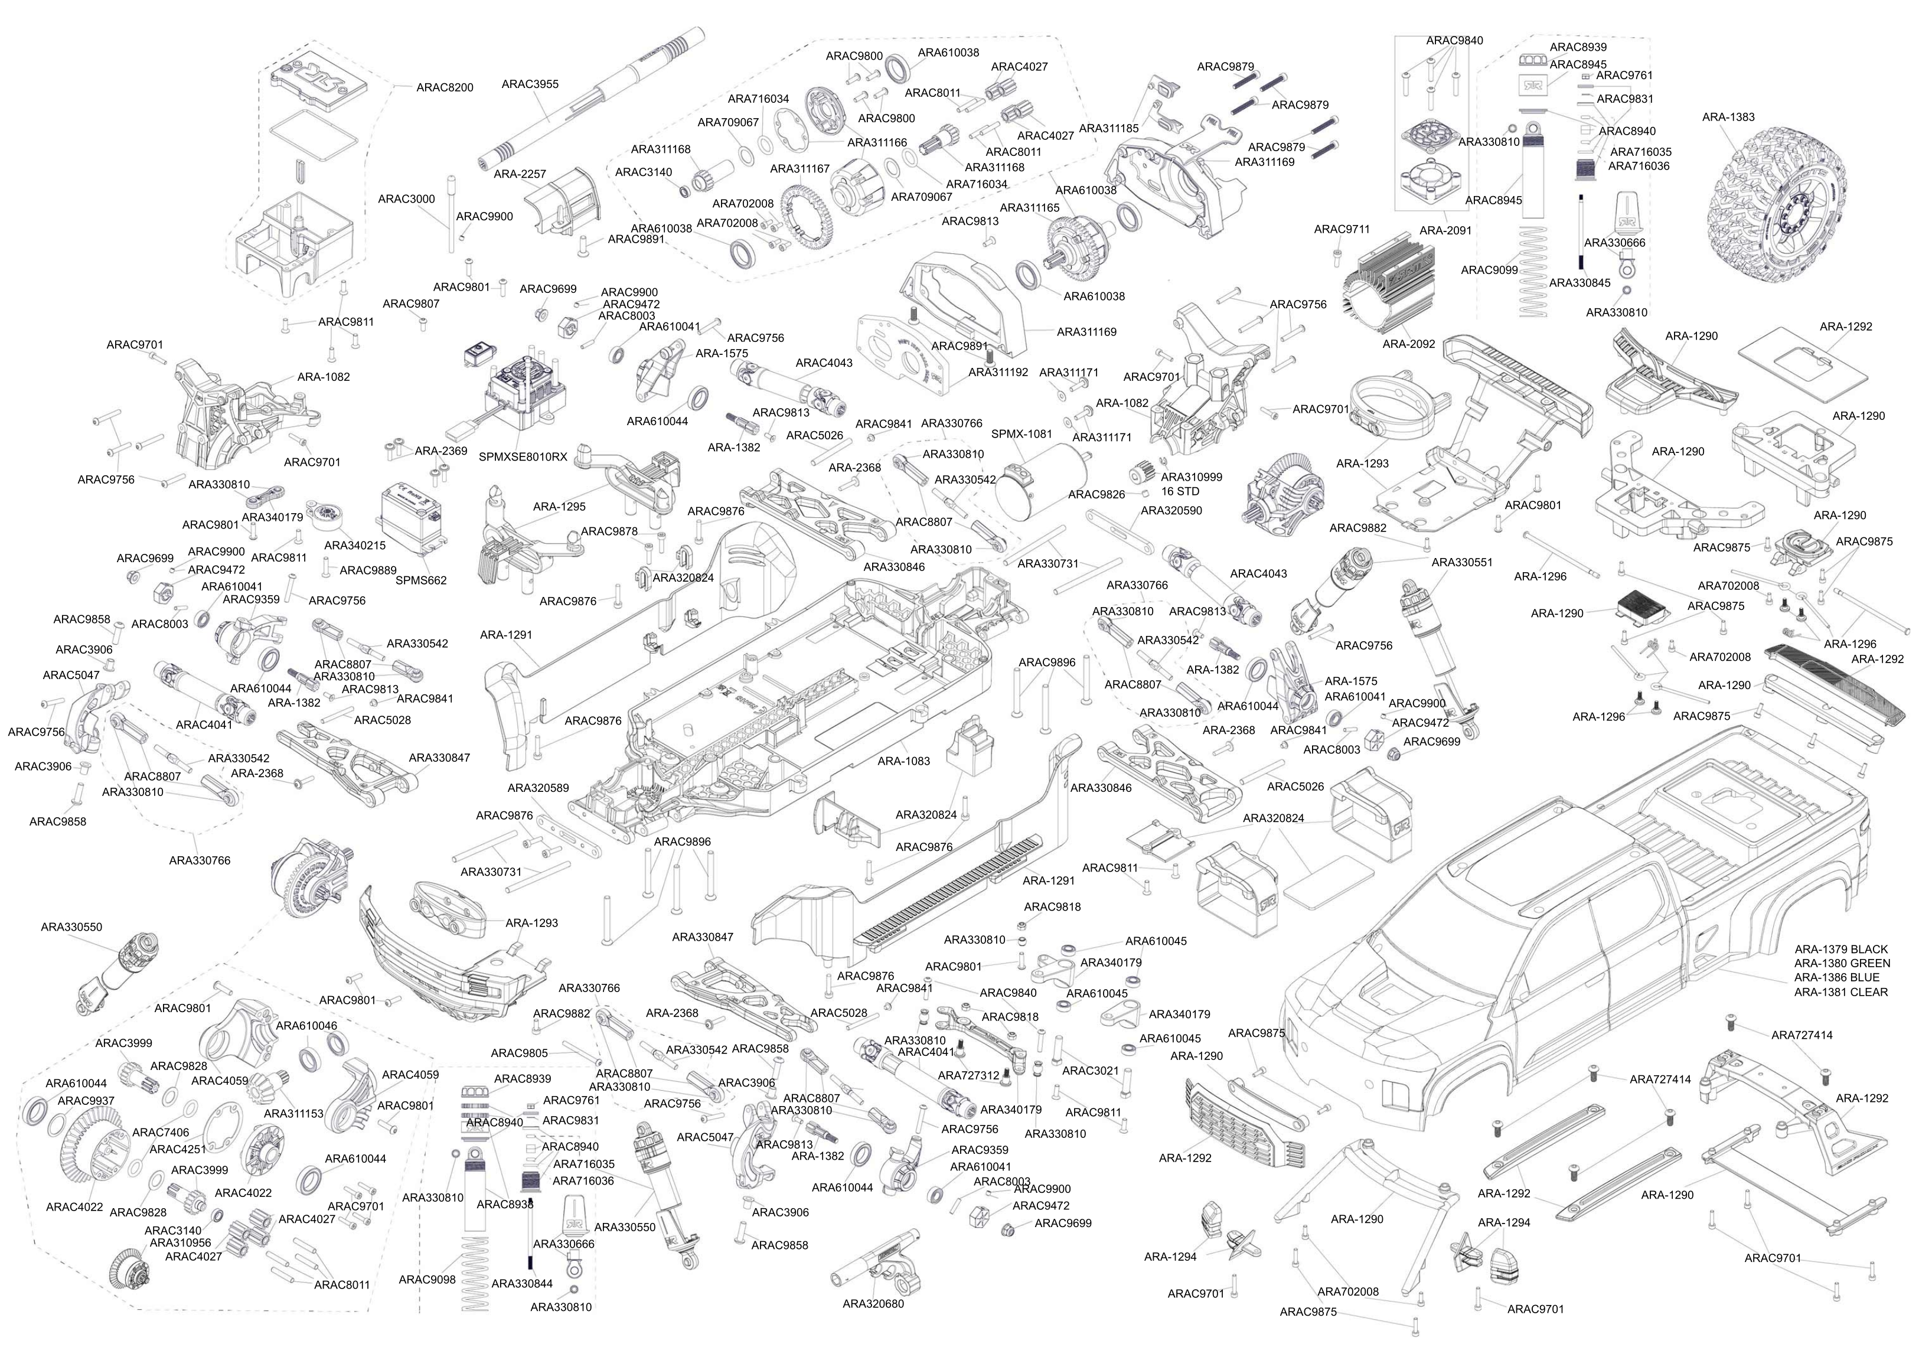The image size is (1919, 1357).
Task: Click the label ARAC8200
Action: coord(445,87)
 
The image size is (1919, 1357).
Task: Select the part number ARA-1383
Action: coord(1728,117)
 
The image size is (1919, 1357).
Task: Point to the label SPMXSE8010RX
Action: coord(523,456)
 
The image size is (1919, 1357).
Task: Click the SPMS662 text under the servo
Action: coord(421,580)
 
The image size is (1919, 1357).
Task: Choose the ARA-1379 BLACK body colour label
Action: coord(1841,949)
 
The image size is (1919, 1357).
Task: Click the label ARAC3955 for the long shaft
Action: coord(530,84)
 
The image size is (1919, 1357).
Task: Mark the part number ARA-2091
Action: coord(1445,230)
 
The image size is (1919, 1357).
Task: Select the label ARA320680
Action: coord(873,1303)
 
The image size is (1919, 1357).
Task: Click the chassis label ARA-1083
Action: coord(903,761)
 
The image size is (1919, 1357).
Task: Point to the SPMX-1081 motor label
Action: coord(1021,434)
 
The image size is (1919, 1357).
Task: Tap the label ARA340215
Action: coord(355,545)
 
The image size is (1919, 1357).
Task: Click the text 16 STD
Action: coord(1180,491)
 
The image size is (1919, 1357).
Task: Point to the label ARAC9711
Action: coord(1342,229)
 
